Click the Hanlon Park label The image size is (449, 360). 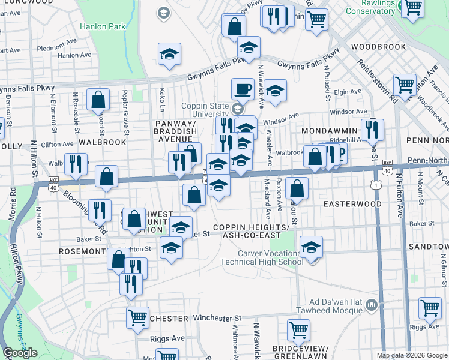(x=102, y=27)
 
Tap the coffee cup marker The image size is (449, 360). (x=243, y=89)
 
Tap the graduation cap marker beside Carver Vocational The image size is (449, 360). (x=311, y=247)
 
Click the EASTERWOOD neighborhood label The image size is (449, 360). (x=352, y=204)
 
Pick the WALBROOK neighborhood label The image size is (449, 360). (x=103, y=142)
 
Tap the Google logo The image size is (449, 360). (x=19, y=353)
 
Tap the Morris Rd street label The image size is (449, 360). (x=12, y=203)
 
